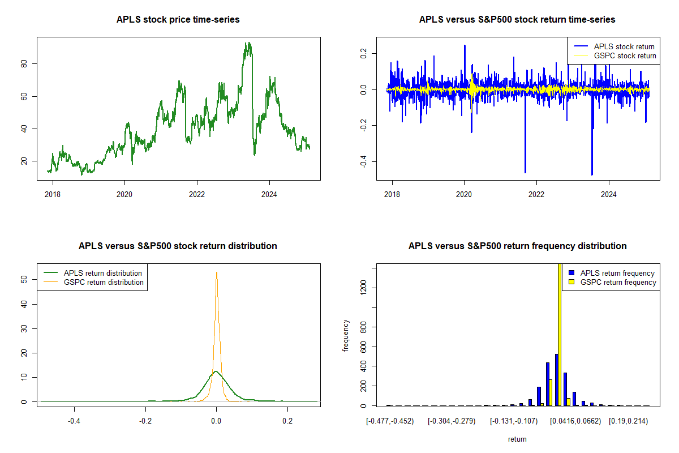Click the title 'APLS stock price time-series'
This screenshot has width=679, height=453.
pos(178,20)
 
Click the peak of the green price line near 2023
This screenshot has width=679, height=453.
pos(248,44)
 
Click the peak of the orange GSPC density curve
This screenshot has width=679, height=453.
pos(216,272)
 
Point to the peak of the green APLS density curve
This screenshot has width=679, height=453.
pos(216,371)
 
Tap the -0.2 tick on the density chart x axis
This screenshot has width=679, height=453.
pos(145,420)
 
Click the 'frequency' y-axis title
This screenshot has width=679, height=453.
pos(346,336)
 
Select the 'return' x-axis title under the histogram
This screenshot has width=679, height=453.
pos(517,439)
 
